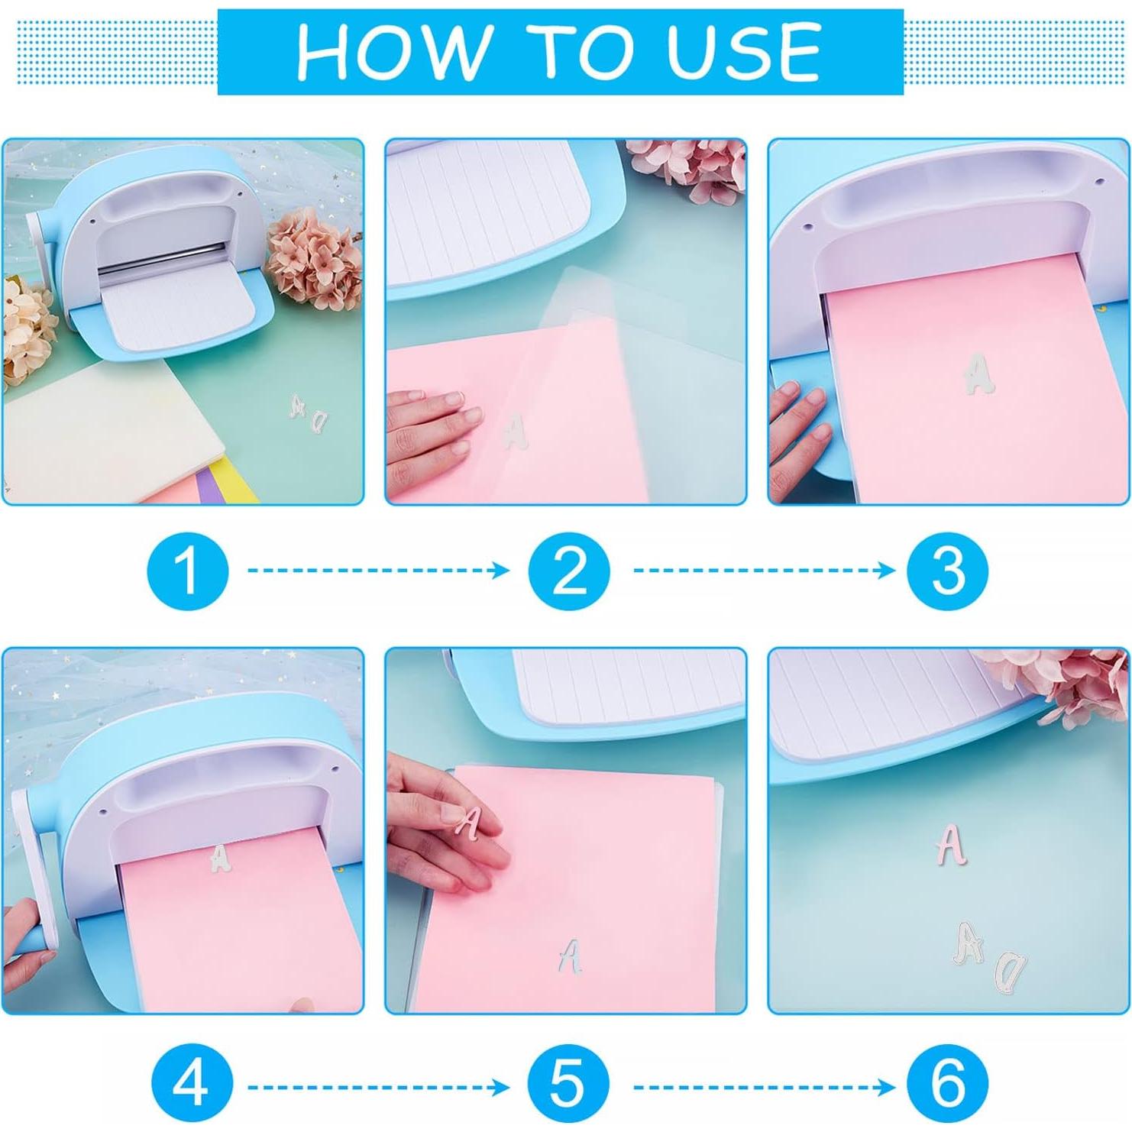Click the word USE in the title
click(x=742, y=52)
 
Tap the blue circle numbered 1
click(x=187, y=571)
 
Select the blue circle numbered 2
click(x=569, y=571)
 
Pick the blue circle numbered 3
click(x=947, y=571)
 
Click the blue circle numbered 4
click(x=191, y=1085)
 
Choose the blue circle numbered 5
click(x=568, y=1085)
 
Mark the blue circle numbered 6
click(x=947, y=1085)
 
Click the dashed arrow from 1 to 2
click(x=378, y=571)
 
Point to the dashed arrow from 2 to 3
click(x=764, y=571)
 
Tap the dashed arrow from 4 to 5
click(x=378, y=1086)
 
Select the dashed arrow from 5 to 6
click(x=764, y=1086)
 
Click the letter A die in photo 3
click(x=977, y=374)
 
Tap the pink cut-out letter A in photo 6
click(x=950, y=844)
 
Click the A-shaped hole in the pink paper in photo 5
click(x=569, y=956)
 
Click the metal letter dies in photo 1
click(x=309, y=414)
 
